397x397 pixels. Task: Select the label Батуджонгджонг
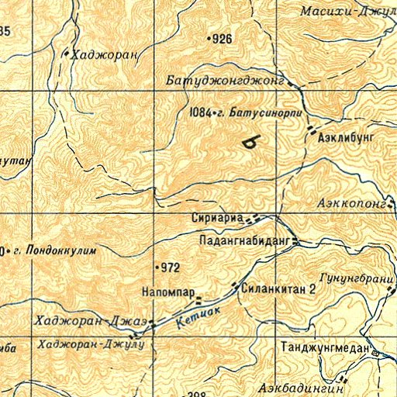(x=226, y=80)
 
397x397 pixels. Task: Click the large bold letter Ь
(x=249, y=141)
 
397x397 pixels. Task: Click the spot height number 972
(x=171, y=268)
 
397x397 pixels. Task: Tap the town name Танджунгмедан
(x=326, y=348)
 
